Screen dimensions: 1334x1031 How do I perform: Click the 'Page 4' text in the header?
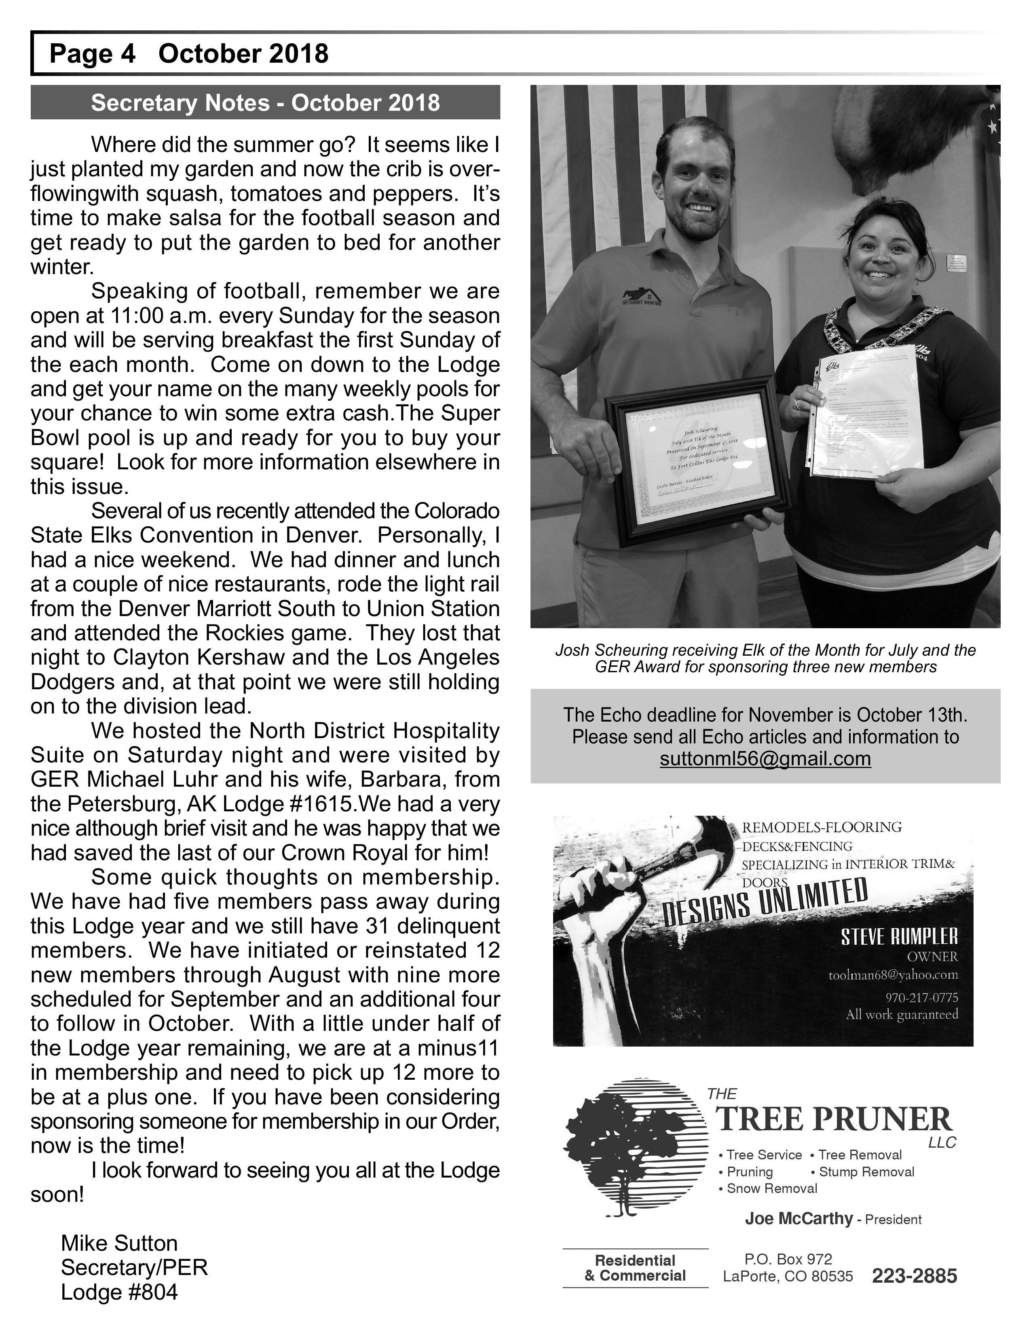(x=92, y=54)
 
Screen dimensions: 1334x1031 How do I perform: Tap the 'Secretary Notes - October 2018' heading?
(x=265, y=103)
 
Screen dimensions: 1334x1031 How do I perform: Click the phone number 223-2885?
(x=914, y=1276)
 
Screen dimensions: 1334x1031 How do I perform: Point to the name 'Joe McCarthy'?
(x=798, y=1218)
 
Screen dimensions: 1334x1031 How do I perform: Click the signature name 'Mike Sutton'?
(x=119, y=1243)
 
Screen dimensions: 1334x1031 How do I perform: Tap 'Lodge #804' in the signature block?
(x=119, y=1292)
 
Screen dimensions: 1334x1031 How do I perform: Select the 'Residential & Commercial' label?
(x=635, y=1268)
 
